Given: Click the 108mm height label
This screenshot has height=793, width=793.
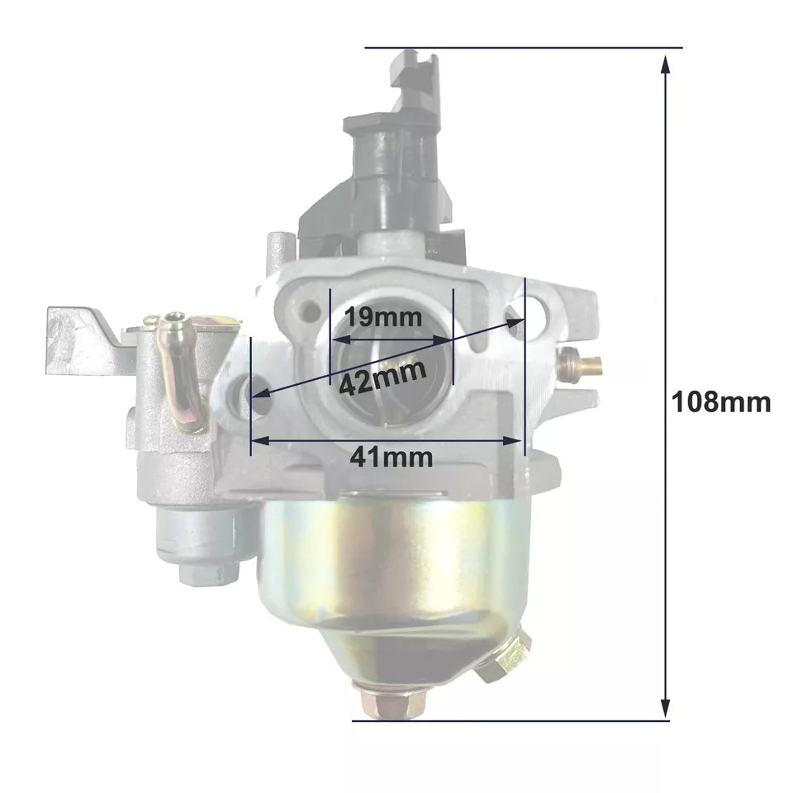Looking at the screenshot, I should [x=721, y=402].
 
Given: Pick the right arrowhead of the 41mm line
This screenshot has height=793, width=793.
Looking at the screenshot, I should [x=516, y=441].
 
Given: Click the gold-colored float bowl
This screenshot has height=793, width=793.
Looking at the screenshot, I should [x=388, y=570].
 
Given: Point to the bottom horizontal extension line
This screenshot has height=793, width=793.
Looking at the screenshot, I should [x=512, y=720].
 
